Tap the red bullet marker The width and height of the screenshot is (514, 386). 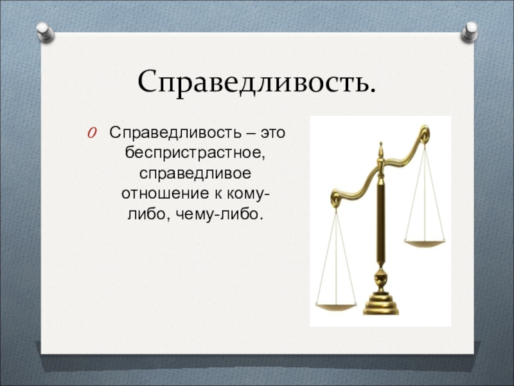click(92, 133)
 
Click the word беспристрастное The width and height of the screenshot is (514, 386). click(195, 153)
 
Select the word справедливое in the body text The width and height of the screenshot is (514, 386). click(195, 174)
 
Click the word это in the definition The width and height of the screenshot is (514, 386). click(272, 133)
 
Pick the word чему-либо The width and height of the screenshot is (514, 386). click(220, 214)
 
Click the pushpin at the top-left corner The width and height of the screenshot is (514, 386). click(45, 32)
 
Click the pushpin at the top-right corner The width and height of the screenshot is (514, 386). click(469, 32)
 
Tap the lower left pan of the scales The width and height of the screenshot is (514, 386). click(336, 308)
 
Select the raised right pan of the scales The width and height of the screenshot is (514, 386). click(425, 244)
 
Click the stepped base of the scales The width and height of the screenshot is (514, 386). click(380, 305)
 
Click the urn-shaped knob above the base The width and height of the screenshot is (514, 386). click(380, 280)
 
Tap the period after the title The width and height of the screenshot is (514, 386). click(371, 89)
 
